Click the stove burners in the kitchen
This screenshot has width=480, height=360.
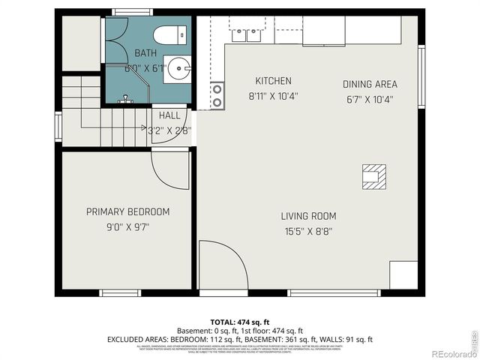(x=217, y=95)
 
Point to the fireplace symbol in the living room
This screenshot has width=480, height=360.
(x=373, y=175)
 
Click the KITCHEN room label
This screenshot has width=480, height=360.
(x=273, y=81)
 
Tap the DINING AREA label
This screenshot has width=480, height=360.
(x=370, y=84)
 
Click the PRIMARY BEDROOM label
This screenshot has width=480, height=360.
(x=127, y=211)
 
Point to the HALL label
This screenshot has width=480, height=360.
(x=169, y=115)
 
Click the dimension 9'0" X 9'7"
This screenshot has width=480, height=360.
(x=127, y=226)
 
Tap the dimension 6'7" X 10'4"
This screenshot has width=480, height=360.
(x=370, y=98)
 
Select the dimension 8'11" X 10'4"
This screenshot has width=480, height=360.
(x=273, y=96)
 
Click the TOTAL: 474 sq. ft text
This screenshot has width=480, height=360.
(x=240, y=322)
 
